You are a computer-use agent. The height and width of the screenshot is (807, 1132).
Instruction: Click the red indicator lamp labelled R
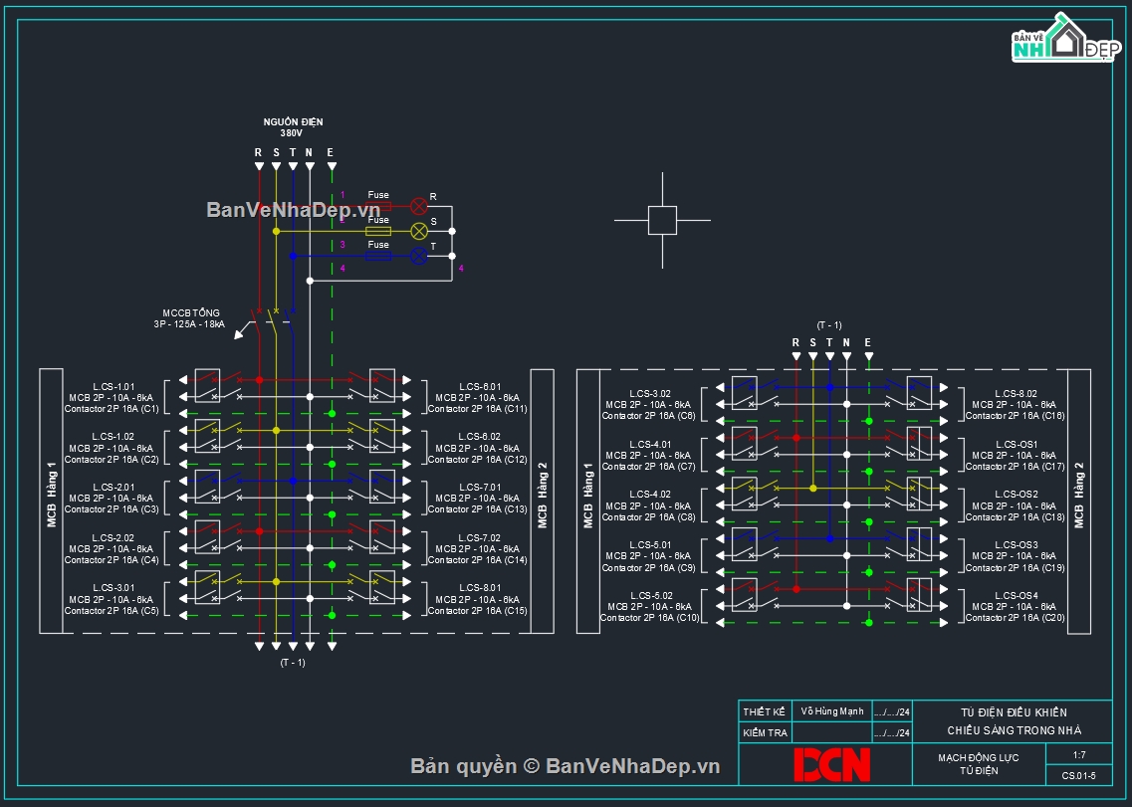click(x=419, y=206)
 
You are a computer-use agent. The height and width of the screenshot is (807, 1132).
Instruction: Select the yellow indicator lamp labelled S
click(x=419, y=231)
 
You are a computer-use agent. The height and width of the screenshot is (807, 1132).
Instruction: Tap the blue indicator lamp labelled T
click(x=419, y=256)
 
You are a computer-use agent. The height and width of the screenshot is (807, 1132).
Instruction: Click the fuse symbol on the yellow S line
click(x=378, y=231)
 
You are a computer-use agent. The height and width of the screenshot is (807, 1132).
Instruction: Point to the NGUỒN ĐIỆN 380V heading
click(x=293, y=126)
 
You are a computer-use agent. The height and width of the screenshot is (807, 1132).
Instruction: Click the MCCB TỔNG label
click(x=192, y=313)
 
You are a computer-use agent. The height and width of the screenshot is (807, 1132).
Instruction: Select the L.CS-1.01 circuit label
click(x=113, y=386)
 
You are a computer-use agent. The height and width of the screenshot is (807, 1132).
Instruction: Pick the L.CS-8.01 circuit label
click(x=480, y=588)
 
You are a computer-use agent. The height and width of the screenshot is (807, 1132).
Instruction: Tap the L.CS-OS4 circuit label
click(x=1017, y=595)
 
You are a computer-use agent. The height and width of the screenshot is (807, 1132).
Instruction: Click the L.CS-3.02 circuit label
click(x=650, y=394)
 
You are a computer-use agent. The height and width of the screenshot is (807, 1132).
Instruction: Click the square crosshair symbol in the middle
click(x=662, y=220)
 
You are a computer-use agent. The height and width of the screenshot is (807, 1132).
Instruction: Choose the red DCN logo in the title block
click(x=831, y=764)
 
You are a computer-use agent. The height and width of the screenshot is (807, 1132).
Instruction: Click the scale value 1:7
click(x=1079, y=755)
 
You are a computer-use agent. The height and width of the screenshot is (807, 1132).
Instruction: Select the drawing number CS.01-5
click(x=1079, y=776)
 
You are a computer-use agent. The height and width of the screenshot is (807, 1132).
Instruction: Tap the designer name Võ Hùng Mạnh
click(x=832, y=711)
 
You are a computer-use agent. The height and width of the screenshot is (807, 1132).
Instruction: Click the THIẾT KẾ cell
click(x=765, y=711)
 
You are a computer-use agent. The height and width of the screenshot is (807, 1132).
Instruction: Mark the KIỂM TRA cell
click(x=765, y=733)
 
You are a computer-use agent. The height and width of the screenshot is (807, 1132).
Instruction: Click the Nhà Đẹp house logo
click(x=1062, y=40)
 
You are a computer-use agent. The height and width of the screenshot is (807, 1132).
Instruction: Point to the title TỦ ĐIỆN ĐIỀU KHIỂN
click(x=1013, y=712)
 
